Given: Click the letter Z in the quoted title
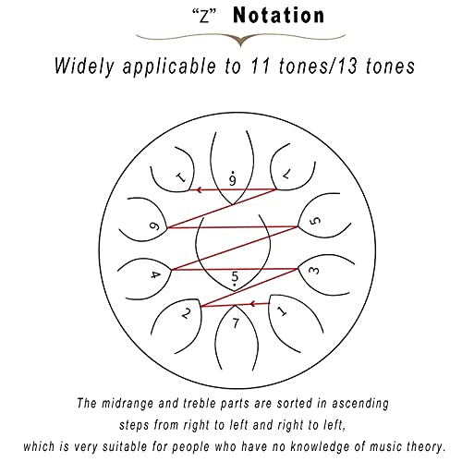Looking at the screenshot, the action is click(x=204, y=17).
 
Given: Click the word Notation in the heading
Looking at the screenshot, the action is click(x=279, y=16).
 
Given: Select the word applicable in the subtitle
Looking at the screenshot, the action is click(x=169, y=67).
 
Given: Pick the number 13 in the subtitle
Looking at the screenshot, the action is click(x=347, y=67).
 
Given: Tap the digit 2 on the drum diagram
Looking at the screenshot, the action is click(x=186, y=313).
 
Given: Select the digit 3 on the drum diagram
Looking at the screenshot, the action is click(x=314, y=271).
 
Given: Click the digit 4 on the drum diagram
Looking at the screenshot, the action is click(x=155, y=274).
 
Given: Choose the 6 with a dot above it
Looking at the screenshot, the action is click(x=233, y=177).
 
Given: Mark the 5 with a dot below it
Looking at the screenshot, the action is click(x=235, y=278).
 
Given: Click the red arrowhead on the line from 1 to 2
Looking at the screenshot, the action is click(x=252, y=304).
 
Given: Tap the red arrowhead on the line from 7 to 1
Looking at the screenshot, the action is click(x=200, y=189).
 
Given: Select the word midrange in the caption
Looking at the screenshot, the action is click(x=128, y=404).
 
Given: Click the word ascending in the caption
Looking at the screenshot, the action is click(x=360, y=404).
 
